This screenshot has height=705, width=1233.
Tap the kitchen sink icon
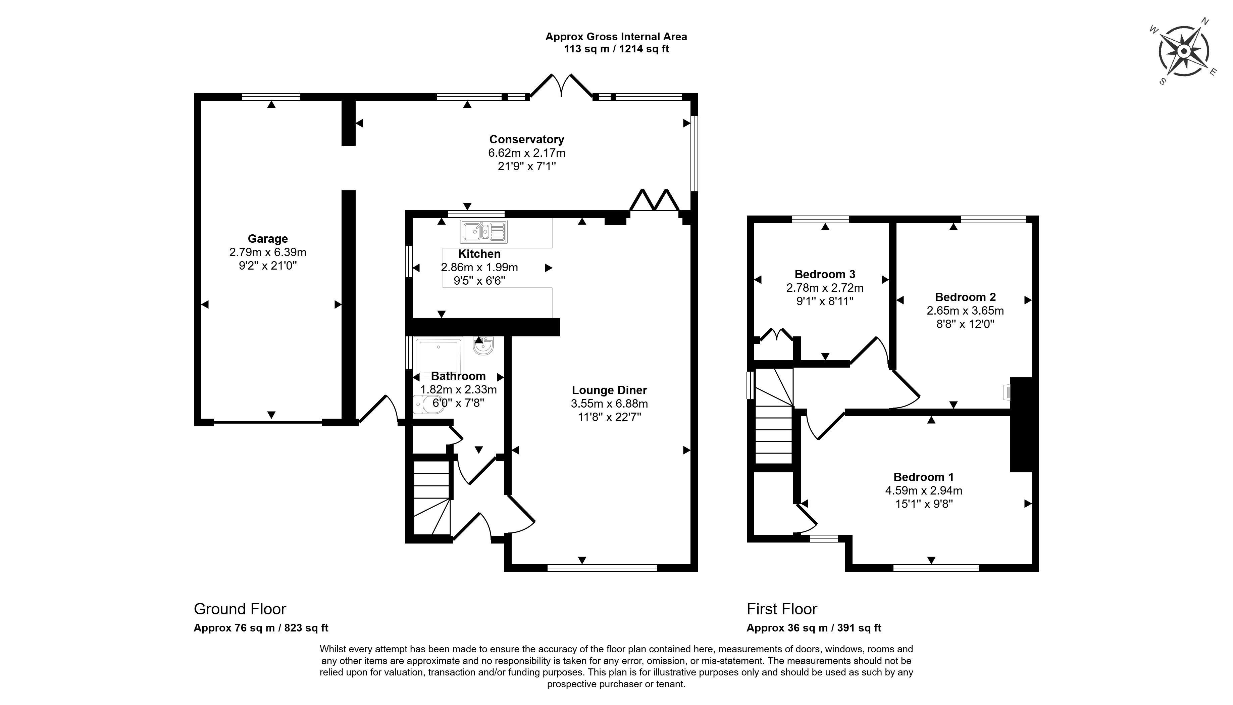483,232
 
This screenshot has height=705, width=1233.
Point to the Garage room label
268,239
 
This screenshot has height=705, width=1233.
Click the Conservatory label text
526,139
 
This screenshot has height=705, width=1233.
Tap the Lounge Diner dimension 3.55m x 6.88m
609,403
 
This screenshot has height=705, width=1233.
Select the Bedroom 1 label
923,477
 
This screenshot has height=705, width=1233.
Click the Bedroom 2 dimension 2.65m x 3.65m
965,311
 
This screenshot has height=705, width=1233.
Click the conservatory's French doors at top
561,86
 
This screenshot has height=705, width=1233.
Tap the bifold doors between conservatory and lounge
654,200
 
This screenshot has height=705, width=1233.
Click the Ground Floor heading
240,609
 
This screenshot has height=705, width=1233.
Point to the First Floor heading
781,609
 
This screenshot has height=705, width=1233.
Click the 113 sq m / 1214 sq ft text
616,49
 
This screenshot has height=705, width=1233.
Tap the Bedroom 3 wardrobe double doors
776,336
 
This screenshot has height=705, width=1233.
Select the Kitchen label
479,254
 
